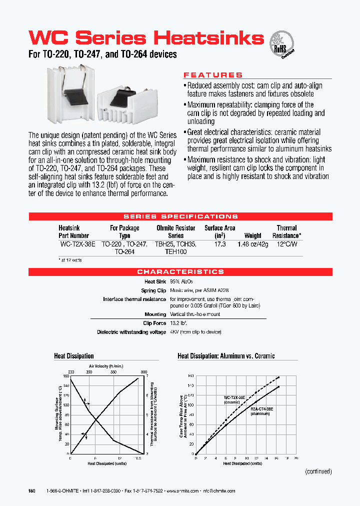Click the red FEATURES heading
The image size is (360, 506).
[x=213, y=75]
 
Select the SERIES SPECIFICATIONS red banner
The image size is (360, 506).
[x=180, y=216]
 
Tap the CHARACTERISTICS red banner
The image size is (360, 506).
[x=180, y=272]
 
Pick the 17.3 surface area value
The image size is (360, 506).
[x=220, y=244]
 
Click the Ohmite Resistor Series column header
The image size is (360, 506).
[x=176, y=231]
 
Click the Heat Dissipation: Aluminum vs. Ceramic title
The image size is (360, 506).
[x=226, y=356]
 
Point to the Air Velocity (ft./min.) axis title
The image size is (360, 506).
[x=105, y=366]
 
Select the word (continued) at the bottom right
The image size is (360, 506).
[x=318, y=471]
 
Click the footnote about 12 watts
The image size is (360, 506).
[x=70, y=260]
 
